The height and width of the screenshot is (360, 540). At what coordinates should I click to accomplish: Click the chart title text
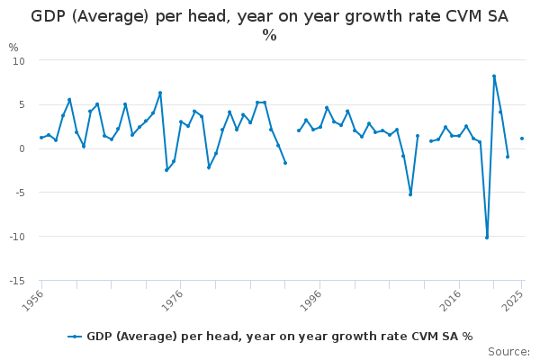point(270,25)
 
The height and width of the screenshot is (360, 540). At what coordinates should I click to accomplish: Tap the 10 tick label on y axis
point(19,61)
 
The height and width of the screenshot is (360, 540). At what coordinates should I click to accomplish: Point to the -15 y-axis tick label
point(17,281)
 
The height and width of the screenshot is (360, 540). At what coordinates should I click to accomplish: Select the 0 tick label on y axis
point(22,148)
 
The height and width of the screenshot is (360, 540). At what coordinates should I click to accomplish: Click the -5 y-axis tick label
point(21,193)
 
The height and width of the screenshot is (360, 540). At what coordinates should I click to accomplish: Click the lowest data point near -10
point(487,238)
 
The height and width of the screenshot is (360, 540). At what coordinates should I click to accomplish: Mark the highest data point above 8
point(494,76)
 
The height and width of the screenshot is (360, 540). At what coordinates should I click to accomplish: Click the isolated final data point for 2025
point(522,139)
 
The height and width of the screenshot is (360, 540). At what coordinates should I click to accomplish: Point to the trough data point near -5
point(410,194)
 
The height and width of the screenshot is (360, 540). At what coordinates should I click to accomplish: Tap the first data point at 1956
point(41,138)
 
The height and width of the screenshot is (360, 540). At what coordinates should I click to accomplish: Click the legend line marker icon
point(75,337)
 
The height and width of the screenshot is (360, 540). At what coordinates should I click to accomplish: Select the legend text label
point(280,337)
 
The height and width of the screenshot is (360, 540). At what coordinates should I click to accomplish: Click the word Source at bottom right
point(509,352)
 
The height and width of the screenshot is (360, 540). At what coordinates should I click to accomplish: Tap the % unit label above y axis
point(13,48)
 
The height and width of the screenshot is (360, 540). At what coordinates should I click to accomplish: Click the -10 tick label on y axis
point(17,237)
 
